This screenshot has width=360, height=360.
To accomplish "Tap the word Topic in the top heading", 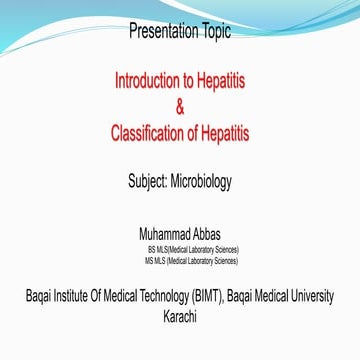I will [212, 31].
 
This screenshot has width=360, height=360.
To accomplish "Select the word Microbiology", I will [204, 181].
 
